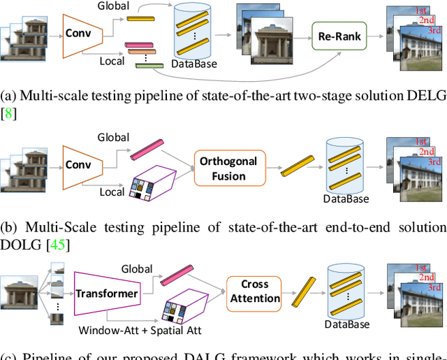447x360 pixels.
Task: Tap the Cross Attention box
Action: click(254, 291)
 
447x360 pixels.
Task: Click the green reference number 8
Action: click(8, 113)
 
